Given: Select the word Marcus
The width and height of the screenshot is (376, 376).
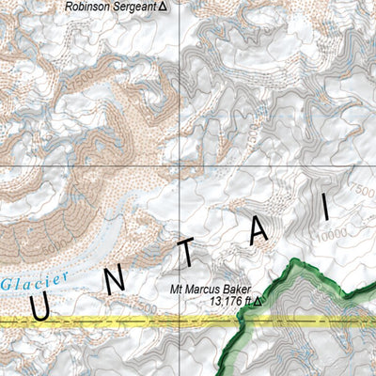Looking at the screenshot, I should coord(213,290).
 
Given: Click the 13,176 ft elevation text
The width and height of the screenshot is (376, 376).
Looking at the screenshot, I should coord(229,302).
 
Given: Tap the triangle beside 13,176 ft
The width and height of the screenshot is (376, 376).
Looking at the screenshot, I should coord(258,302).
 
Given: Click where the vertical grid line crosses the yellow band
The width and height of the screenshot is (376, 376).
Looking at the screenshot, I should coord(180,321).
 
